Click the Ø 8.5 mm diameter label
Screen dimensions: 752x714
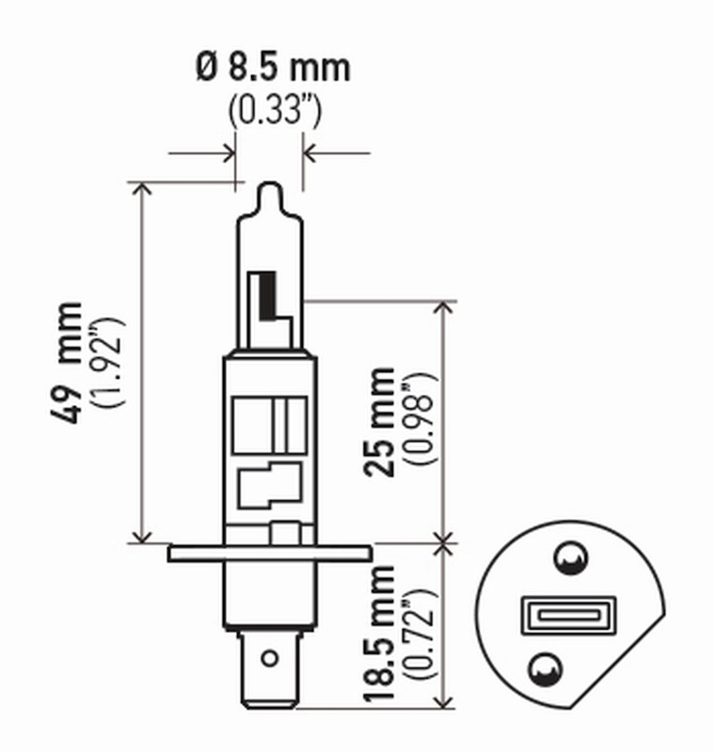point(273,68)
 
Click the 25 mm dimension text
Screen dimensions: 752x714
point(382,421)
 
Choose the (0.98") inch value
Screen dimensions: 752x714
point(420,421)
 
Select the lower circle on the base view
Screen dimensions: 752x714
point(542,666)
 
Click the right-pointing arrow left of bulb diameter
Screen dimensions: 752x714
point(226,151)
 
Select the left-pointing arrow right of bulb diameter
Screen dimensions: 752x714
point(311,151)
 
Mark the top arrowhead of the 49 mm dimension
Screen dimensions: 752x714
point(142,189)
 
